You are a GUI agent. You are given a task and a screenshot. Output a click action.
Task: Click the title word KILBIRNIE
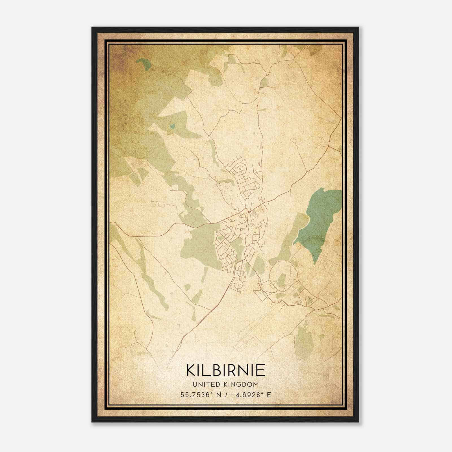[225, 370]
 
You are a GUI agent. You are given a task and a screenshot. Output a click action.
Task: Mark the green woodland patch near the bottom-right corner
[304, 339]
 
